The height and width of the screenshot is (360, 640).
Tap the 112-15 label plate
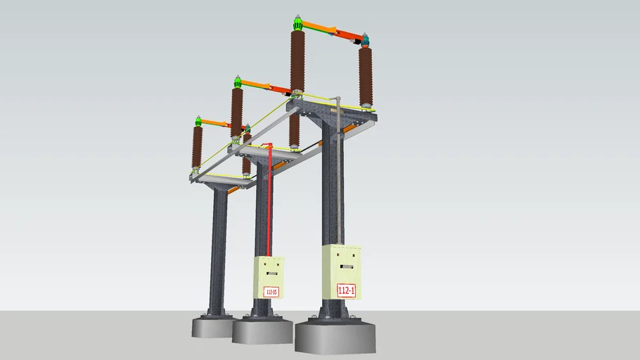[x=271, y=291]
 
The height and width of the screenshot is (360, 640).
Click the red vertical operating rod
[x=271, y=204]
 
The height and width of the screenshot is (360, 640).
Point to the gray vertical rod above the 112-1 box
[x=338, y=176]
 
